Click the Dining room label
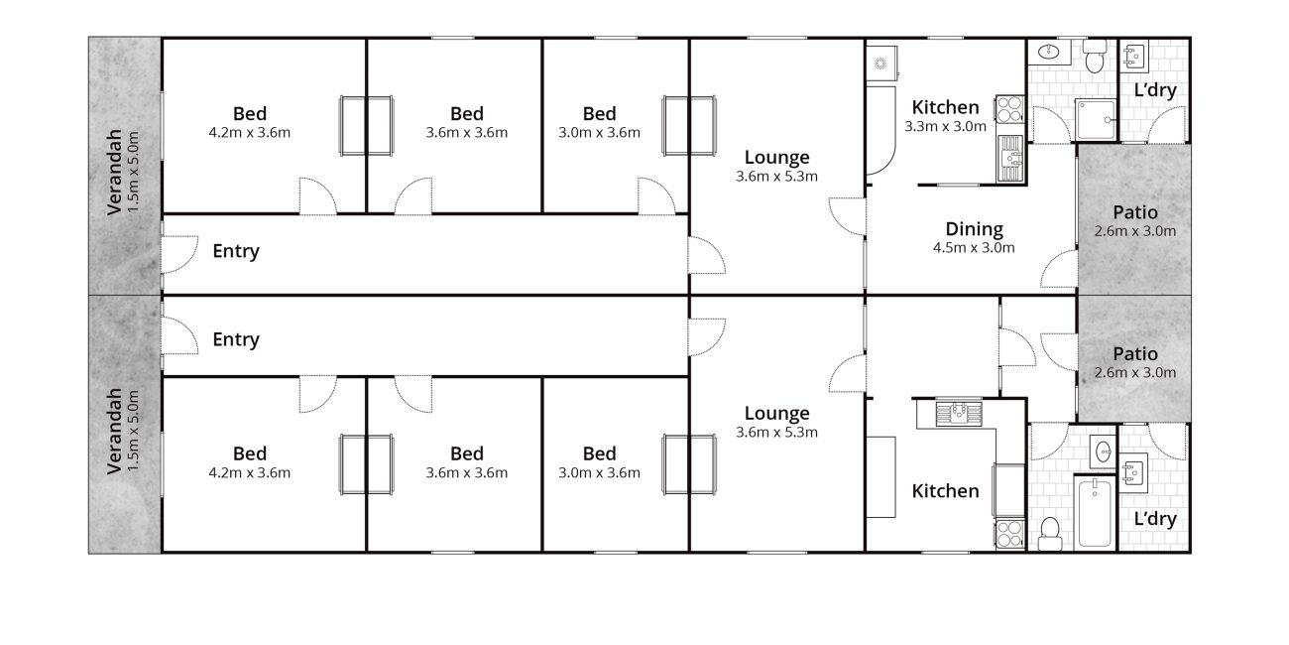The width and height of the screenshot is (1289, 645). [x=975, y=229]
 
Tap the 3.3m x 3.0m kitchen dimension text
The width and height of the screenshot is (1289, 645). [x=946, y=126]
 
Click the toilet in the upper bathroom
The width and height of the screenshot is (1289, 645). [x=1094, y=57]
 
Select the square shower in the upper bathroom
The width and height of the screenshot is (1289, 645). [x=1096, y=120]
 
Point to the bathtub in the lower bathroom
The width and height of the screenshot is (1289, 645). [x=1095, y=511]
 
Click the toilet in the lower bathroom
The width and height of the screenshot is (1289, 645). [x=1050, y=534]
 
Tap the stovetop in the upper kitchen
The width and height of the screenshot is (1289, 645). [x=1010, y=109]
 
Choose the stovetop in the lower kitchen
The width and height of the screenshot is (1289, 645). [x=1010, y=534]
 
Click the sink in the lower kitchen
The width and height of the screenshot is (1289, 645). [x=959, y=413]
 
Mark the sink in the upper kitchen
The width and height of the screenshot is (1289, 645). [x=1010, y=159]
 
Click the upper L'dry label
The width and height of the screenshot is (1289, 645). [x=1155, y=90]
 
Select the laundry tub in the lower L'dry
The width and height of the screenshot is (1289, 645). [x=1133, y=470]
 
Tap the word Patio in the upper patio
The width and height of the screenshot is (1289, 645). [x=1134, y=212]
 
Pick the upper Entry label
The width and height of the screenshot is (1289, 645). [x=236, y=251]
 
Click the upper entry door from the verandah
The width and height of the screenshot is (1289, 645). [x=179, y=254]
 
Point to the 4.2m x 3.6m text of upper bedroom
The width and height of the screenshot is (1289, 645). [x=249, y=132]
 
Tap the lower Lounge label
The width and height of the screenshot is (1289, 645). [x=776, y=414]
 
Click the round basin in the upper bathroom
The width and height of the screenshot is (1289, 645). [x=1048, y=53]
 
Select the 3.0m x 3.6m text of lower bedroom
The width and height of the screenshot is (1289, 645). [x=599, y=472]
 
